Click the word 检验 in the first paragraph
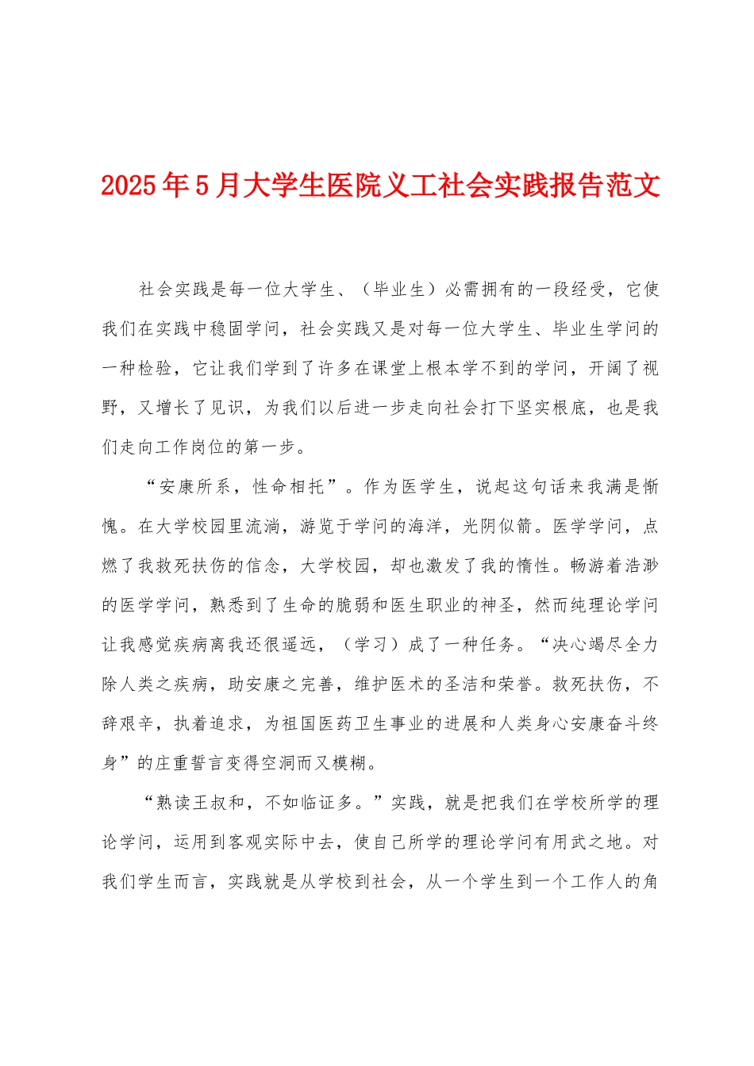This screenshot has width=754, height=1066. (154, 369)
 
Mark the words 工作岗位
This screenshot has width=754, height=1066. (190, 447)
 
